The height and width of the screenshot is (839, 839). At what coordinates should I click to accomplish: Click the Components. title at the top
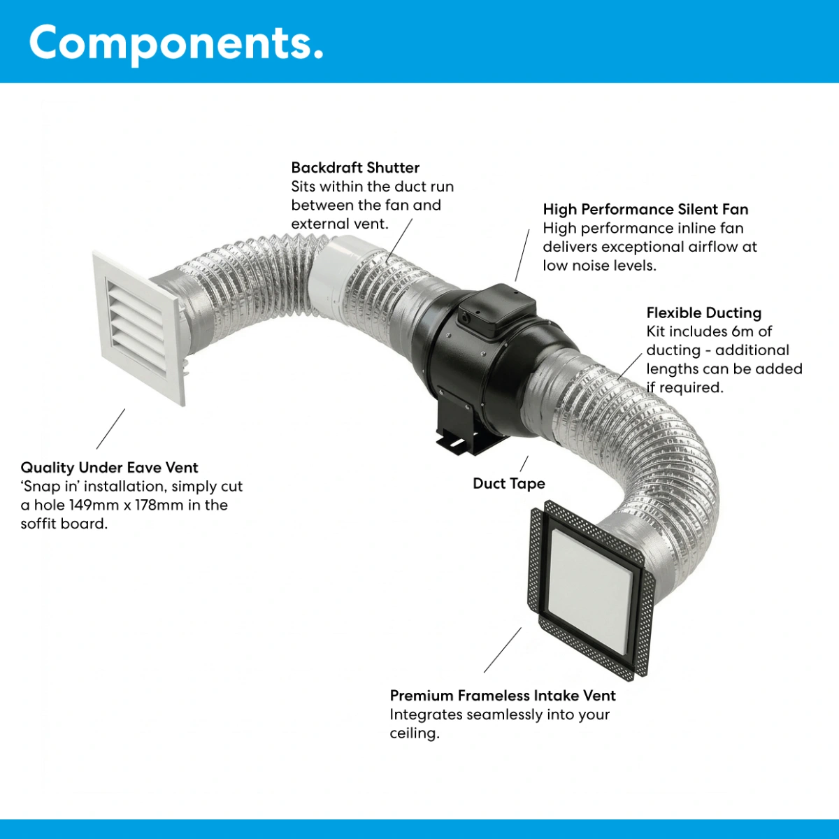pos(176,43)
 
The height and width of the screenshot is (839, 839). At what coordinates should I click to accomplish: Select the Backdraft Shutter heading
pos(355,168)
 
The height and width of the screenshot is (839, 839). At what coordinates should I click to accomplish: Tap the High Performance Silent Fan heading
pos(645,210)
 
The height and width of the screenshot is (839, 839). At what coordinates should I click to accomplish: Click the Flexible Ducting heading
pos(703,313)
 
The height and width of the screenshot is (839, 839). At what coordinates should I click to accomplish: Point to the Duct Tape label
pos(509,483)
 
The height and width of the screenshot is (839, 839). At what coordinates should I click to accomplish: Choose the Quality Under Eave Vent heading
pos(109,468)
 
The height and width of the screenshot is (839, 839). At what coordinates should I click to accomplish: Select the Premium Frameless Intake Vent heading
pos(503,696)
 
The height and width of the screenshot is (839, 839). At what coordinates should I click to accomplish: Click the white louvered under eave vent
pos(139,329)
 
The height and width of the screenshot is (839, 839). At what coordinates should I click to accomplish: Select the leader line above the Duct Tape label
pos(524,464)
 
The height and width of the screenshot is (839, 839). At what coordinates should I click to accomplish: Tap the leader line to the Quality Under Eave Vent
pos(110,429)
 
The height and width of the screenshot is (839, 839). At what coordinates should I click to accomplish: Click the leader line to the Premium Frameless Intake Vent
pos(503,650)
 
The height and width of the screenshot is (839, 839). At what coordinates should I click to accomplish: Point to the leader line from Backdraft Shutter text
pos(399,240)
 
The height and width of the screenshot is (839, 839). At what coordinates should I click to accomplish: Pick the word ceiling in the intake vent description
pos(415,733)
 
